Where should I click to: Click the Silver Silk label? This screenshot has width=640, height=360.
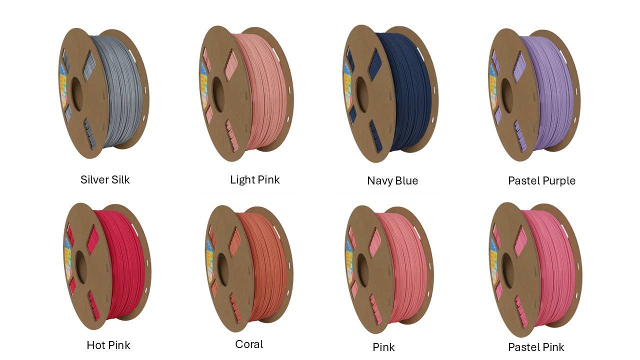tap(105, 179)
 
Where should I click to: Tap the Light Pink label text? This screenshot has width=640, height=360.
tap(255, 180)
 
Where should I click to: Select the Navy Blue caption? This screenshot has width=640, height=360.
tap(392, 180)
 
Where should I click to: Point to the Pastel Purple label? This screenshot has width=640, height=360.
tap(541, 181)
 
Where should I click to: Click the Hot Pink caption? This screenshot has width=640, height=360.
tap(108, 345)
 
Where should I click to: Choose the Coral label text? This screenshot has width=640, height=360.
tap(249, 344)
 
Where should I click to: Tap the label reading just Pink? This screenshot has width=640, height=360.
tap(383, 347)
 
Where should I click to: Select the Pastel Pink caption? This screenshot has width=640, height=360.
tap(536, 347)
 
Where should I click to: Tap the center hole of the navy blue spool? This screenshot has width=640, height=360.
tap(361, 94)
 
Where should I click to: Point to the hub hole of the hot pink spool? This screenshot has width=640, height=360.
tap(81, 267)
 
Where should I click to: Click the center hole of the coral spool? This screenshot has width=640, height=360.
tap(223, 269)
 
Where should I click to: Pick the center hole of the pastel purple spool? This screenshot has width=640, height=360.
tap(507, 95)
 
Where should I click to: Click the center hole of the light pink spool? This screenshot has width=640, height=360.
tap(218, 94)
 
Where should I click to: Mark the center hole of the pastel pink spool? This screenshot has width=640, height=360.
tap(507, 270)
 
